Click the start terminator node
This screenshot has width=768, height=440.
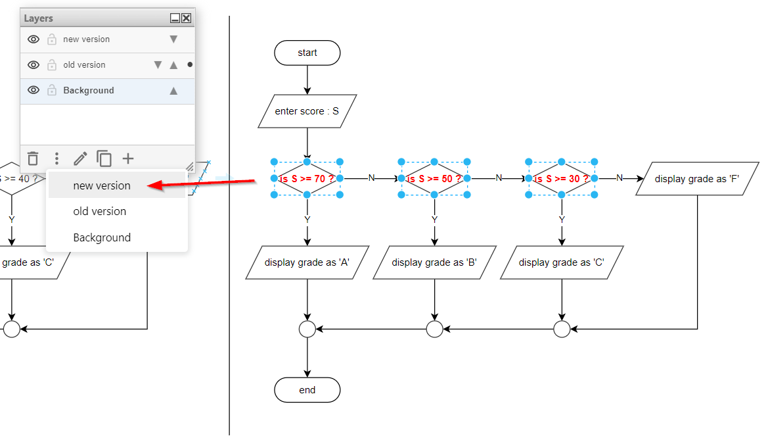[307, 53]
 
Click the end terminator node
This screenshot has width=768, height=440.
[307, 390]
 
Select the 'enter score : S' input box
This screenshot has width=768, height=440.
[307, 111]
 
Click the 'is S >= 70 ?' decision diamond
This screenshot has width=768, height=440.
[307, 178]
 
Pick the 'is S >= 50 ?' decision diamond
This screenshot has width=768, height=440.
[434, 178]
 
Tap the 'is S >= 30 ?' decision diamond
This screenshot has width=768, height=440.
[561, 178]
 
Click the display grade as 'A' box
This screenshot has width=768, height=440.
[307, 262]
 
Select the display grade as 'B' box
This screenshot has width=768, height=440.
[434, 262]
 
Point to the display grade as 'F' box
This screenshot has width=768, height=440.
[697, 178]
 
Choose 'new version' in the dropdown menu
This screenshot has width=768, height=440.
[102, 185]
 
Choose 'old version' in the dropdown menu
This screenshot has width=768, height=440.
[100, 211]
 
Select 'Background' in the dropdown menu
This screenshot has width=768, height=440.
[102, 237]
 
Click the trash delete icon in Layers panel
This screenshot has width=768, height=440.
[33, 159]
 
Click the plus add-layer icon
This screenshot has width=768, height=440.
[128, 159]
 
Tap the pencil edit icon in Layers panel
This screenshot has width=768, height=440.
[80, 159]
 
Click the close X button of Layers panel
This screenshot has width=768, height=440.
[187, 18]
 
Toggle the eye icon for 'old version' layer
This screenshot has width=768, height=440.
[34, 65]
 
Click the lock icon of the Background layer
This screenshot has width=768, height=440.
[52, 91]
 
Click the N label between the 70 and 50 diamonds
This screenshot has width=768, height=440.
[371, 178]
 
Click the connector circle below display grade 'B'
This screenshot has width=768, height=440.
[434, 329]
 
